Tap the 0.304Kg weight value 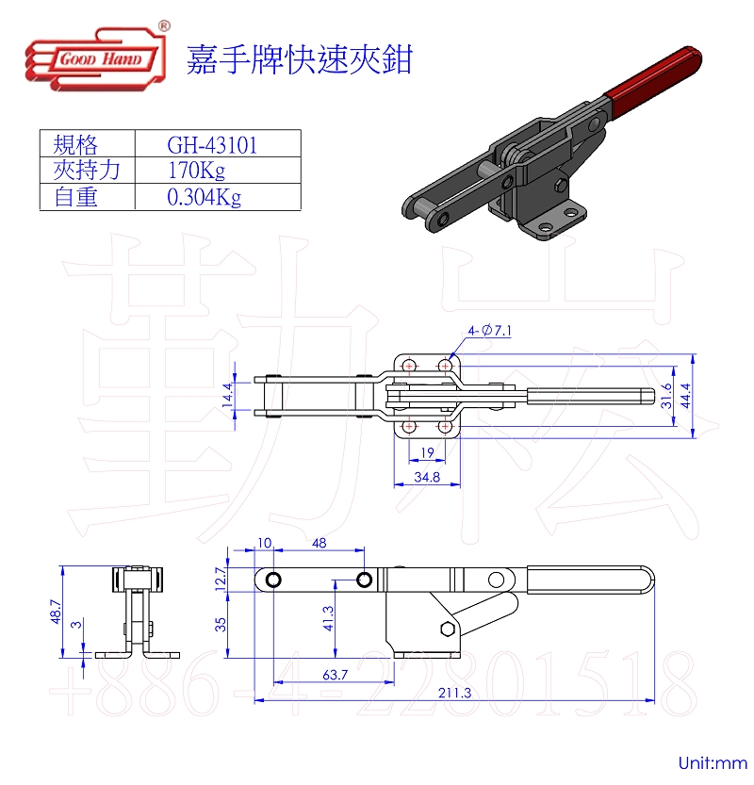coord(204,197)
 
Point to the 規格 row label coord(76,144)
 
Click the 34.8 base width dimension coord(427,477)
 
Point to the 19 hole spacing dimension coord(427,452)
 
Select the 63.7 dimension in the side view coord(334,675)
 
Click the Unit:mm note coord(712,762)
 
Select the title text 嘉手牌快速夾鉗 coord(300,58)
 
